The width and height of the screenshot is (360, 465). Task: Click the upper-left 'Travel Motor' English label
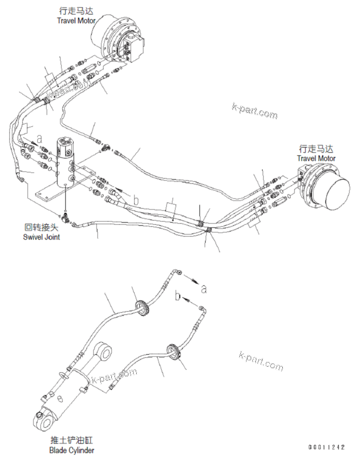pos(77,20)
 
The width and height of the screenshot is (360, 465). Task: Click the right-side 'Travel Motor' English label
pos(316,158)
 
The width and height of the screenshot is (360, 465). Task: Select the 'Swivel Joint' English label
pos(41,237)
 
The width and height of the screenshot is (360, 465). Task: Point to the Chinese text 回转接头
pos(41,227)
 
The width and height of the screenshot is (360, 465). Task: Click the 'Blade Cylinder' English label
pos(72,451)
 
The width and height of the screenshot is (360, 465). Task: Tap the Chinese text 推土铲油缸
pos(72,441)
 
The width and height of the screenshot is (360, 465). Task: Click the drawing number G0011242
pos(326,446)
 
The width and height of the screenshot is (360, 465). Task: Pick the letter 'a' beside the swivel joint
pos(39,139)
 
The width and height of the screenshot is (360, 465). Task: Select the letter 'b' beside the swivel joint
pos(136,199)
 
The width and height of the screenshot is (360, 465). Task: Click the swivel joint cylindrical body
pos(66,158)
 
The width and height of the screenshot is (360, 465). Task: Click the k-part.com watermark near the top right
pos(254,111)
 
